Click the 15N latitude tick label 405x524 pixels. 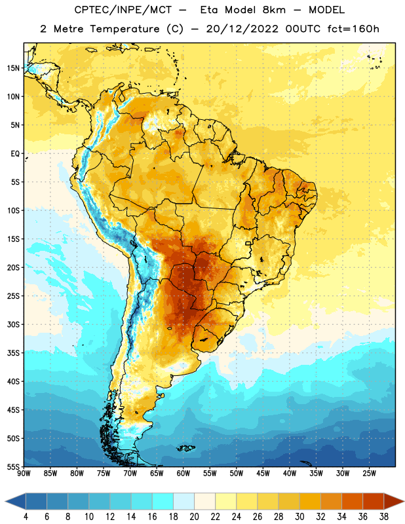click(13, 68)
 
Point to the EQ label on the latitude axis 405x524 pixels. click(15, 154)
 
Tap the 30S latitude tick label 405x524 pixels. click(13, 325)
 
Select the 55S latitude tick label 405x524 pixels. click(13, 466)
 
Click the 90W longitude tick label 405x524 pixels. click(24, 474)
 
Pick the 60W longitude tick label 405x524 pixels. click(183, 474)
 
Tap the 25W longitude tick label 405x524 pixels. click(369, 474)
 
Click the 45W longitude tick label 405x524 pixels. click(263, 474)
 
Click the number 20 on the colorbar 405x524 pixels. click(194, 517)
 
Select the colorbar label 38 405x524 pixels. click(383, 517)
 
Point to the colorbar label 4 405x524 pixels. click(26, 517)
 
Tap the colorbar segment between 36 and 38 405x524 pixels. click(374, 502)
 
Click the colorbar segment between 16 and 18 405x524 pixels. click(163, 502)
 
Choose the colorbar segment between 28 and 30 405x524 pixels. click(289, 502)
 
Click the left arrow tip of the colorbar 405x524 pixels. click(5, 502)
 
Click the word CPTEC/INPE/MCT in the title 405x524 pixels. click(123, 10)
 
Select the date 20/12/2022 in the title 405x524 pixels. click(242, 29)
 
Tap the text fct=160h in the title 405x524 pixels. click(353, 29)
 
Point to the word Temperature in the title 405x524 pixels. click(125, 29)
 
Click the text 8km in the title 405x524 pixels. click(274, 10)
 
